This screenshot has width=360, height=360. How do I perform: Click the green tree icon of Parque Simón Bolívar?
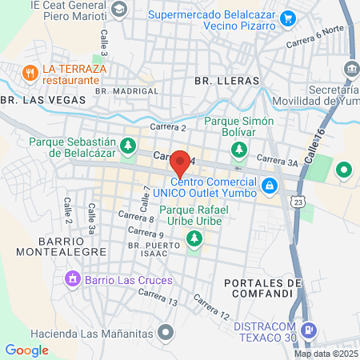(238, 149)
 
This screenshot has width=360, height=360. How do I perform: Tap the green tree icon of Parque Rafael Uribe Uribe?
(193, 238)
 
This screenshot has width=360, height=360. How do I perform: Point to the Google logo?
(26, 350)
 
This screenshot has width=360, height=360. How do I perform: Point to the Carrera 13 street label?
(157, 296)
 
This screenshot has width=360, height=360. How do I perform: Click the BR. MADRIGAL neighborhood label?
(126, 91)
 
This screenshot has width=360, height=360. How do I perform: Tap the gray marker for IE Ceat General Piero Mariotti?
(119, 9)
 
